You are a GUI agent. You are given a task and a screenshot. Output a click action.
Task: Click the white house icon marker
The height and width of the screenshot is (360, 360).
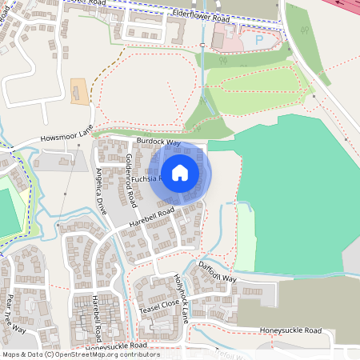180,172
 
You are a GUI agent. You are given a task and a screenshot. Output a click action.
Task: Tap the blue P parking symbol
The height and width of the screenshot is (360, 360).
258,39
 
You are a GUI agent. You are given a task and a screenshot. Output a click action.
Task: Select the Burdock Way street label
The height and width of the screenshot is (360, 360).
158,142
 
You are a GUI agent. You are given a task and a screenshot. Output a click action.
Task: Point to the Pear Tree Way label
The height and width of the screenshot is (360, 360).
16,314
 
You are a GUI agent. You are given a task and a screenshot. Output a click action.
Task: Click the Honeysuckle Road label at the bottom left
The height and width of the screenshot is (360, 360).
116,346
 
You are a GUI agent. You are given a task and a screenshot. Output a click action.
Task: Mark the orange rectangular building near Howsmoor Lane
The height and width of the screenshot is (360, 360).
79,90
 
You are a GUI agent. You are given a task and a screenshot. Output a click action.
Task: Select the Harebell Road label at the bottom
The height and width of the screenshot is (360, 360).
96,318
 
